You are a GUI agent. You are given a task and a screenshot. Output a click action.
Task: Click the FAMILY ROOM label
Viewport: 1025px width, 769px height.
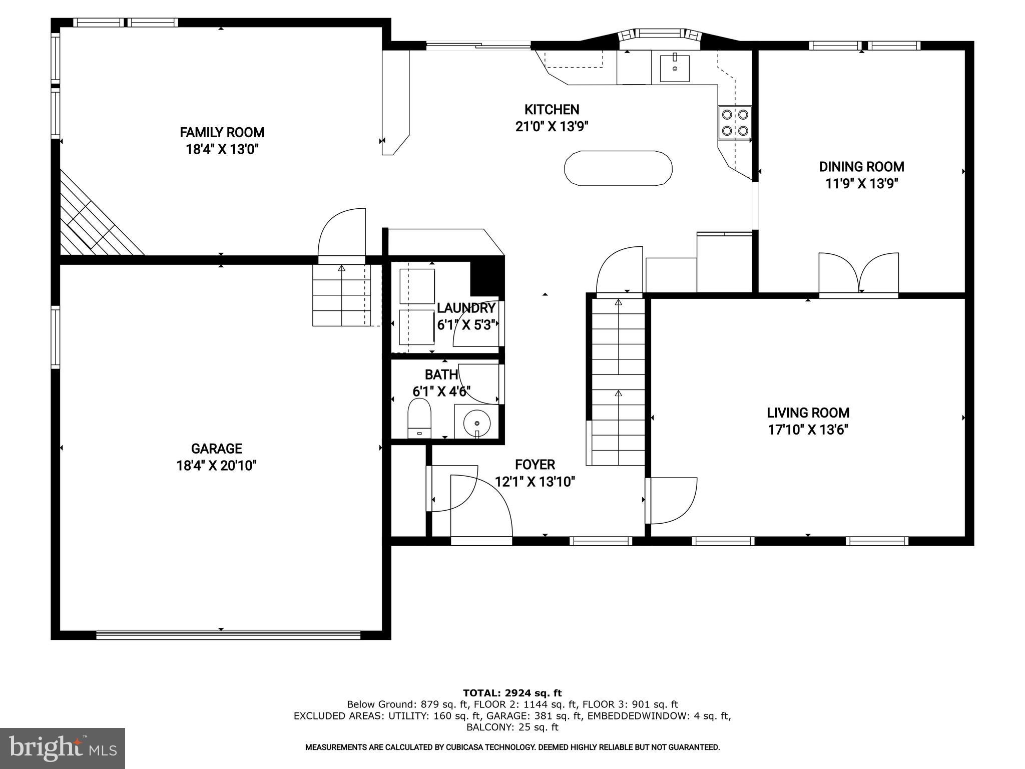222,133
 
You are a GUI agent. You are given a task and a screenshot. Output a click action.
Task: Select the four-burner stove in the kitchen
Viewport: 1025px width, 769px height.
735,123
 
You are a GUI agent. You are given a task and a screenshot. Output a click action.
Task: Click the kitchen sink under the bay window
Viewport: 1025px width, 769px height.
674,69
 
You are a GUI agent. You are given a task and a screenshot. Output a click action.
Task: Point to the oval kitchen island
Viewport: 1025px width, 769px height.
618,168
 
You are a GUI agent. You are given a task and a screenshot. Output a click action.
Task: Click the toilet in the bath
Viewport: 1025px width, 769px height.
419,419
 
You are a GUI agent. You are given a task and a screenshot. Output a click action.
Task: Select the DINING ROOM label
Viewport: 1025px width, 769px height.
861,167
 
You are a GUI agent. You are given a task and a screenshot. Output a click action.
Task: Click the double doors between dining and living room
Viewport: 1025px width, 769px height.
859,275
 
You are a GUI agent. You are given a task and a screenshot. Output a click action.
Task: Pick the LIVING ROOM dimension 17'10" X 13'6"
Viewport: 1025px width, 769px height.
808,430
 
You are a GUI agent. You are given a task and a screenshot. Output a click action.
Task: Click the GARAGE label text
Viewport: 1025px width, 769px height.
216,449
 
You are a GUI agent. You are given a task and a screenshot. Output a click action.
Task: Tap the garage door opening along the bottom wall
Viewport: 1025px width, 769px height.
228,635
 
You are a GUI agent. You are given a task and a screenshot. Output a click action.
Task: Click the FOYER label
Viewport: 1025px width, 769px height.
535,465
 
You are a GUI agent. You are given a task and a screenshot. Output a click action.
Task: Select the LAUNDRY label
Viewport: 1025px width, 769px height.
465,308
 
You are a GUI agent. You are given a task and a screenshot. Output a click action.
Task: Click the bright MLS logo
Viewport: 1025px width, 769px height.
63,748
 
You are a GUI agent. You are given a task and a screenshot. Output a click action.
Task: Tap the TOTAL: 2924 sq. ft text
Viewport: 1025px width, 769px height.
512,693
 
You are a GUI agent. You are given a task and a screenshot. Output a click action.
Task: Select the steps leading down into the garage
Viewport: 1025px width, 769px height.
341,295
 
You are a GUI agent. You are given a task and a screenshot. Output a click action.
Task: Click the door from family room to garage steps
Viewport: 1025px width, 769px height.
342,235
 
